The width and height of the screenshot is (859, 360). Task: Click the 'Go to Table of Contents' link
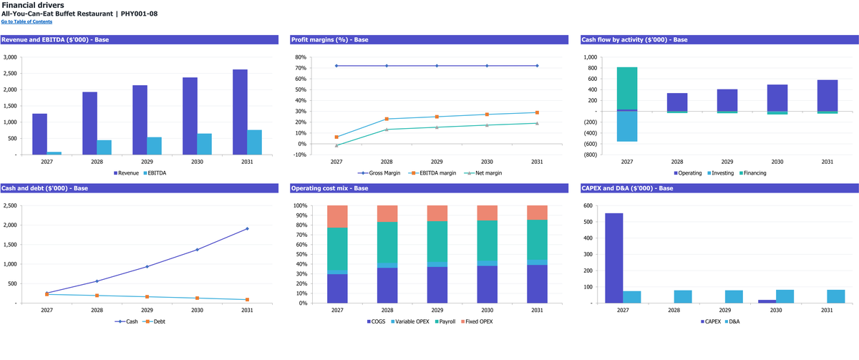pos(26,21)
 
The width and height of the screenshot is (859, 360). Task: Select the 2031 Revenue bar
pos(240,112)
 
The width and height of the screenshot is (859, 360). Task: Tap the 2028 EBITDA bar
pos(105,147)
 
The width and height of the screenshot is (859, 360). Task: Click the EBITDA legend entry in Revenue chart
pos(155,173)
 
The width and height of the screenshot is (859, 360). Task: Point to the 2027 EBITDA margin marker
pos(336,137)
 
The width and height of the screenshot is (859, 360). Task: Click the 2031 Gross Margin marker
pos(537,66)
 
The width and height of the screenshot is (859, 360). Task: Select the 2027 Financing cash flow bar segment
pos(627,88)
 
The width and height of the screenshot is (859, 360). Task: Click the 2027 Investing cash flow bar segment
pos(627,127)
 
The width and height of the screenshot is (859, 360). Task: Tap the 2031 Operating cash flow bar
pos(828,96)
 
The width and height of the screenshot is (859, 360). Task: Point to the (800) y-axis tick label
pos(590,155)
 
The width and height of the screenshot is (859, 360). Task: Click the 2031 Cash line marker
pos(247,229)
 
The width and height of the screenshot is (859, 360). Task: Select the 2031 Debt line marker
pos(247,299)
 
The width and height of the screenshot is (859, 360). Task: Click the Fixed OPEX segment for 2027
pos(337,217)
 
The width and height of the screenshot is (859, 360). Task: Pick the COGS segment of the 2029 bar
pos(437,285)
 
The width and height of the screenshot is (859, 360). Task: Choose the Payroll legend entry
pos(445,321)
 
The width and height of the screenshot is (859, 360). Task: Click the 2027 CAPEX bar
pos(614,258)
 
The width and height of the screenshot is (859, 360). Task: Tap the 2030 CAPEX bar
pos(767,301)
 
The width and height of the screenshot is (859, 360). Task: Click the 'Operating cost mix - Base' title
pos(329,188)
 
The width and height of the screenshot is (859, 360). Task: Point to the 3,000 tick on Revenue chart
pos(10,57)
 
